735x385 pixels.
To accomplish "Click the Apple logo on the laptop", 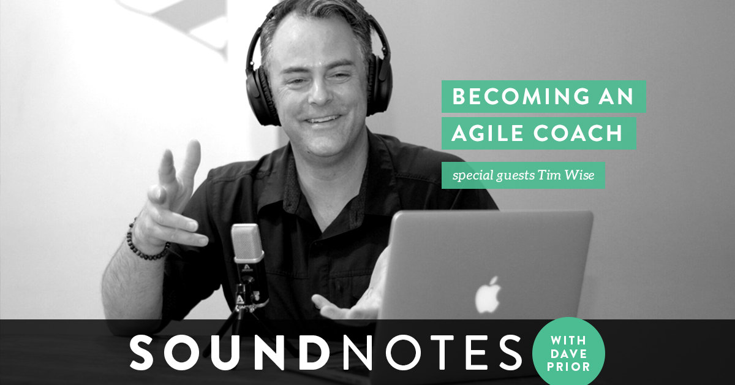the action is pyautogui.click(x=489, y=295).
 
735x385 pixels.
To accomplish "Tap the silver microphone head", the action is pyautogui.click(x=247, y=243).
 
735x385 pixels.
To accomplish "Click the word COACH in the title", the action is pyautogui.click(x=578, y=133).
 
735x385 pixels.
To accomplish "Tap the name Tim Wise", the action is pyautogui.click(x=566, y=175).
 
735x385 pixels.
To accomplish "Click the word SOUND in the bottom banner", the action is pyautogui.click(x=230, y=353).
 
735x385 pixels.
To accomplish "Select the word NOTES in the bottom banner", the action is pyautogui.click(x=432, y=353).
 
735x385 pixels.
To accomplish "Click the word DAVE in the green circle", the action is pyautogui.click(x=568, y=354).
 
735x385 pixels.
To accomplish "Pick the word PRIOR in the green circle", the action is pyautogui.click(x=568, y=367).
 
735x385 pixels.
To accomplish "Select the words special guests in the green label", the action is pyautogui.click(x=494, y=176).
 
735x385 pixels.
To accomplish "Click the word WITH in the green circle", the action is pyautogui.click(x=568, y=341).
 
